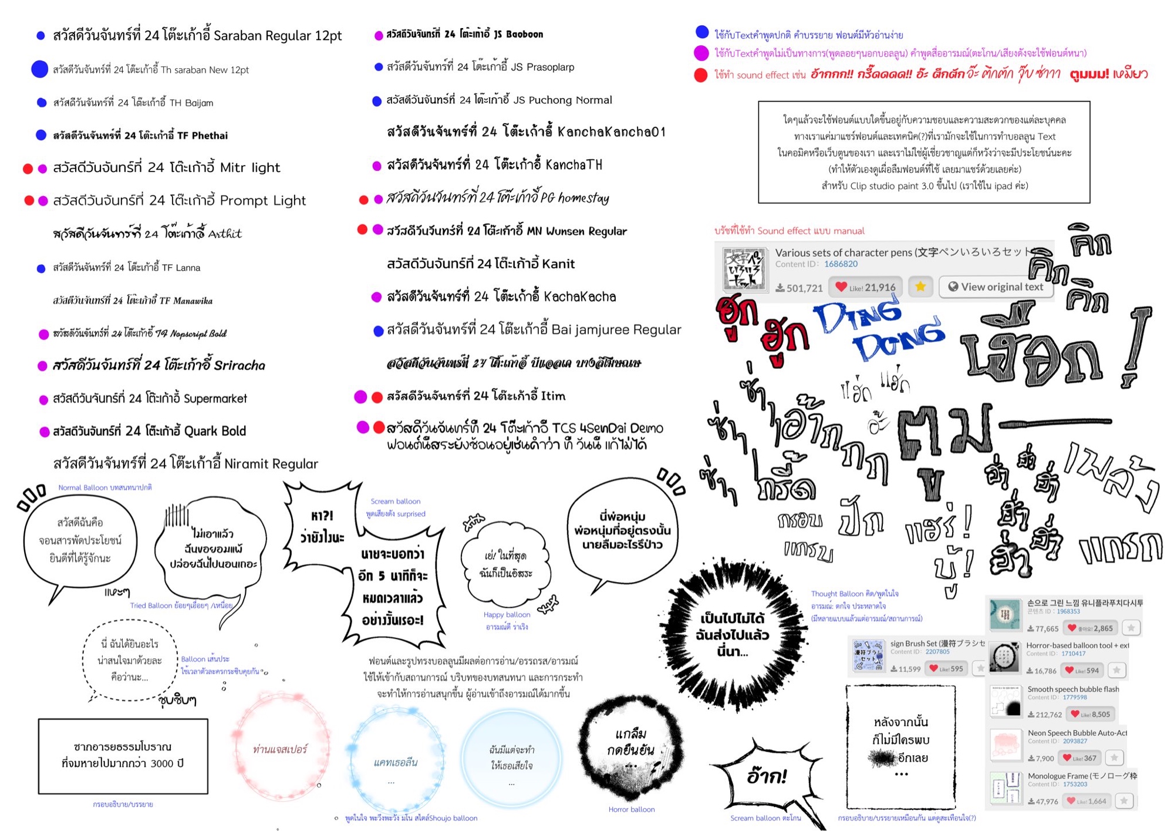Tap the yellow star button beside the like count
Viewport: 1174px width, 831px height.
[x=920, y=287]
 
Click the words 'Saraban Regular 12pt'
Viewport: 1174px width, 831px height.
[x=278, y=36]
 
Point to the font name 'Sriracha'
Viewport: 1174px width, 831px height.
[x=239, y=365]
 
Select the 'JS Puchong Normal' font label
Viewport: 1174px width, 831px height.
[x=562, y=100]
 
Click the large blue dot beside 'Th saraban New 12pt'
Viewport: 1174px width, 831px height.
[x=39, y=69]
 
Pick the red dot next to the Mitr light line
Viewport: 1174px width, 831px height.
[x=28, y=169]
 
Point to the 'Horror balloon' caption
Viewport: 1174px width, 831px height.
[x=631, y=809]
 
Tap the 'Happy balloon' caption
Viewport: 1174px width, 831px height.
[x=507, y=615]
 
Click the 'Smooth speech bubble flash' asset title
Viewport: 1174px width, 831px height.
[x=1073, y=689]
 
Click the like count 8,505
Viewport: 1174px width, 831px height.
[x=1096, y=714]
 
